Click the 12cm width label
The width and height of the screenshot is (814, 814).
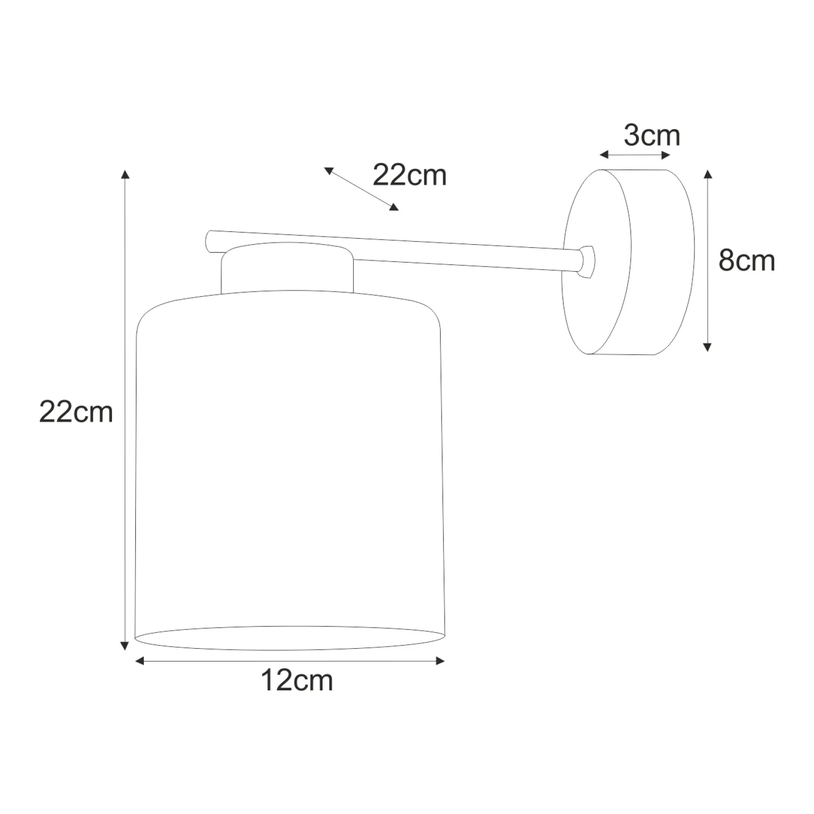(x=297, y=680)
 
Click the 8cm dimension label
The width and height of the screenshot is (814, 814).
(x=746, y=260)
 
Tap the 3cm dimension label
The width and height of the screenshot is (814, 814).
(x=652, y=135)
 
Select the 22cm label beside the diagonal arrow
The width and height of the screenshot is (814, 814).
(x=410, y=175)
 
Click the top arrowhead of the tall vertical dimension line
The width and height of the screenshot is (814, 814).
(x=125, y=174)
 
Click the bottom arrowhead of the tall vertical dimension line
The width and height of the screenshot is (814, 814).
(x=124, y=646)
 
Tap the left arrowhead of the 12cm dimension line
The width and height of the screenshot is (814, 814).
(x=140, y=661)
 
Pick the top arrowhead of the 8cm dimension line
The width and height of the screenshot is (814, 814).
(x=707, y=174)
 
